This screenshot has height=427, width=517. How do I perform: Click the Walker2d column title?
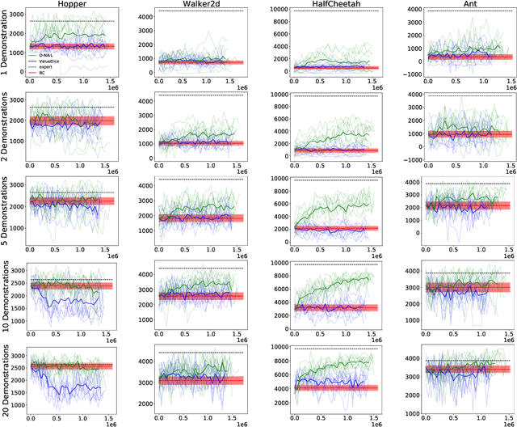198,5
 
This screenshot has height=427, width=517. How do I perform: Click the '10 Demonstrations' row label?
6,297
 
